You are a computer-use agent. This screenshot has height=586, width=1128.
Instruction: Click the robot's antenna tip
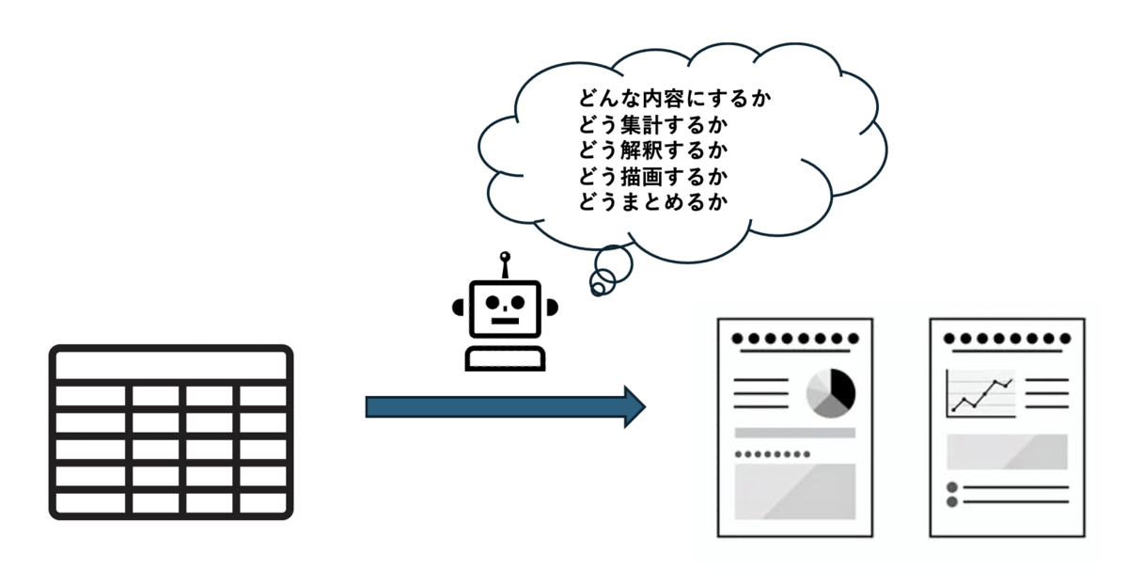point(505,255)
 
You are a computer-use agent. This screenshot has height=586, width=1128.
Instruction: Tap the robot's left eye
point(493,303)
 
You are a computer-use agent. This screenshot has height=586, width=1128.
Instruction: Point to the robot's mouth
point(505,320)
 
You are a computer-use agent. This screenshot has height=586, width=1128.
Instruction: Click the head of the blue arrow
point(634,406)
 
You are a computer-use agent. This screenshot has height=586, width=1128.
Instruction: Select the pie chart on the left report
point(831,392)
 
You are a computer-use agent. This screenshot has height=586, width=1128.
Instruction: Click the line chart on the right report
point(980,393)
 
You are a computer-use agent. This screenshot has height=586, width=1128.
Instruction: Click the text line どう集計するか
point(654,124)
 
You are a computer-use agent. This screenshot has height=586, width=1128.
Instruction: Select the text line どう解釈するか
point(654,150)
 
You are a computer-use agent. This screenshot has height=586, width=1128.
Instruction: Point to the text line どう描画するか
point(654,175)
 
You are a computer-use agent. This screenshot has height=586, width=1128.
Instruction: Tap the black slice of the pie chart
point(844,387)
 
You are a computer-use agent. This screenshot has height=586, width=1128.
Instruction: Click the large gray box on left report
point(794,491)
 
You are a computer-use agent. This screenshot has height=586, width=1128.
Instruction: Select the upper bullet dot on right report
point(951,487)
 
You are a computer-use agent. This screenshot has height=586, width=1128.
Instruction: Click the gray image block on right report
point(1007,451)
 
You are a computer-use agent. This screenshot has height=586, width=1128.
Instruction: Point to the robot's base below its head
point(505,358)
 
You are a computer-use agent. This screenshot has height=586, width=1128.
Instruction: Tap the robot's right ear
point(553,307)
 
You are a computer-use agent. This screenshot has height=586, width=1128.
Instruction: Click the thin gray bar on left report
point(794,433)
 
